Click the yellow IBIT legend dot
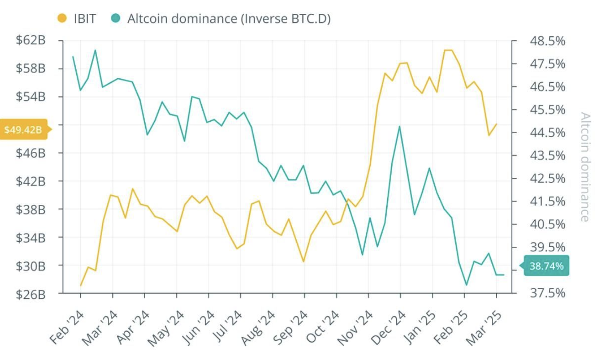(62, 19)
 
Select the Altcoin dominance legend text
(229, 19)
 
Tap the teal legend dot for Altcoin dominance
(116, 19)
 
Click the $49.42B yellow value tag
(23, 130)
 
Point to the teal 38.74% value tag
(546, 266)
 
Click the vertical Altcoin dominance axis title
(585, 166)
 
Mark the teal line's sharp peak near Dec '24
(400, 127)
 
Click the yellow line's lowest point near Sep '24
(303, 262)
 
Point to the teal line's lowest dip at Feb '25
(466, 285)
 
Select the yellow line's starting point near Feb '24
(81, 285)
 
